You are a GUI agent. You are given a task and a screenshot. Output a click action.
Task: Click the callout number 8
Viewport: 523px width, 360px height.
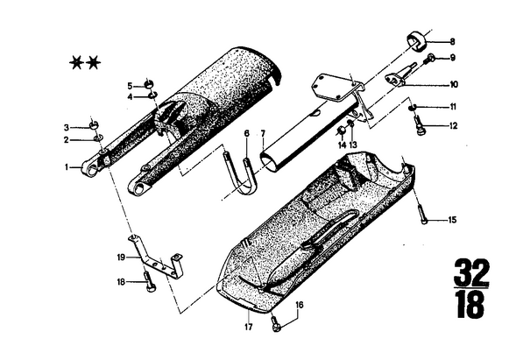click(452, 42)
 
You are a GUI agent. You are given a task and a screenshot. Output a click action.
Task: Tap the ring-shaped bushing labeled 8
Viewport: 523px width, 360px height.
click(415, 41)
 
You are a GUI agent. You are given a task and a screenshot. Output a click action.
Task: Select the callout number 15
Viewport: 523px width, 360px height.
click(452, 220)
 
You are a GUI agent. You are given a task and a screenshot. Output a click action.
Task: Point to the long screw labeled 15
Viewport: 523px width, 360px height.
click(422, 214)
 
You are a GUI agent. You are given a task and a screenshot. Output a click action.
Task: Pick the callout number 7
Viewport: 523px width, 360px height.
click(263, 134)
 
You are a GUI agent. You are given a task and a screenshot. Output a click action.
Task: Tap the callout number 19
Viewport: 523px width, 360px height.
click(121, 258)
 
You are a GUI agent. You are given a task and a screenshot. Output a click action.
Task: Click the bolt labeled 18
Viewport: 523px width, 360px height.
click(149, 282)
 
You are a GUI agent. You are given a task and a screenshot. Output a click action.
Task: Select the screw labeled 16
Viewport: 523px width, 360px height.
click(275, 323)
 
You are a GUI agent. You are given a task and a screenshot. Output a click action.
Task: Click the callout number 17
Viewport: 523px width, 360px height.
click(249, 327)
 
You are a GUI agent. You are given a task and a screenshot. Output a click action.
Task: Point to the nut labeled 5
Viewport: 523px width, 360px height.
click(148, 83)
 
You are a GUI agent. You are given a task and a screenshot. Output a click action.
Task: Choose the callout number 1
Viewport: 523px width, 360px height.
click(67, 166)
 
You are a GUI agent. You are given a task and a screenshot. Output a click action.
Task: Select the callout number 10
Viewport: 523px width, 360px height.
click(454, 84)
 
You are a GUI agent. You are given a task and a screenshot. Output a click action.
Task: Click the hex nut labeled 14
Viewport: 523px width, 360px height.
click(341, 131)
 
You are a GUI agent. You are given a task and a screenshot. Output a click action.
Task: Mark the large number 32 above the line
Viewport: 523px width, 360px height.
click(471, 272)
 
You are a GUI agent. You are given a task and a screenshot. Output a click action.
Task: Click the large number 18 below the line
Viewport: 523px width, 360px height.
click(470, 306)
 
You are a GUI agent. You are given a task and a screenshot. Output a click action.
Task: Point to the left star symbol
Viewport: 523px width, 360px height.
click(76, 63)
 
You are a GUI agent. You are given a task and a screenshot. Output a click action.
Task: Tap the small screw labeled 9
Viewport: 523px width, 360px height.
click(429, 59)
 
